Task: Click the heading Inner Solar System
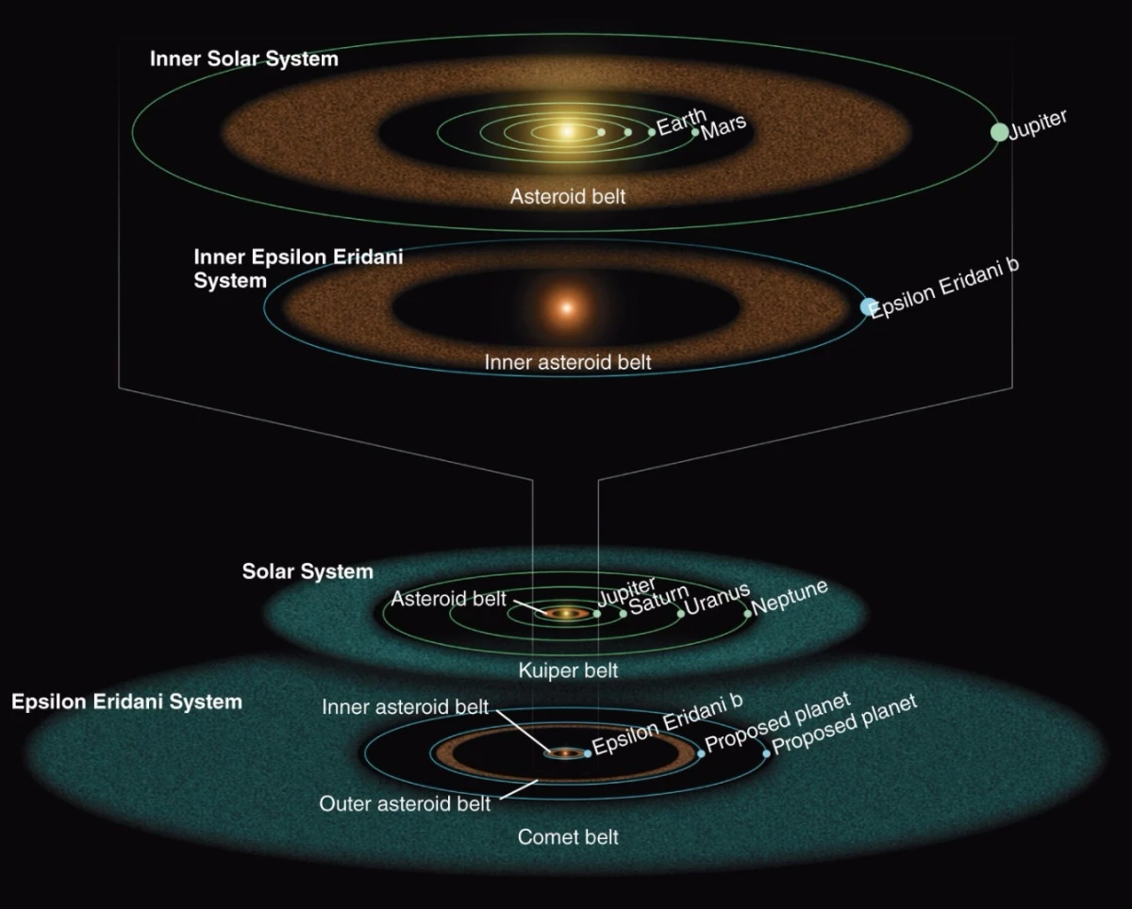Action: click(x=243, y=59)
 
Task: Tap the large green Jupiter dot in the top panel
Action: click(x=999, y=132)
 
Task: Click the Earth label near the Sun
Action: click(x=680, y=123)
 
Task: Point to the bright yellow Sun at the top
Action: click(x=566, y=131)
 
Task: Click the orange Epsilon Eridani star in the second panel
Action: click(x=566, y=307)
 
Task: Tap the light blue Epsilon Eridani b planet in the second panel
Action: click(x=868, y=306)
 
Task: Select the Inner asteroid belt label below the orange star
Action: click(x=568, y=361)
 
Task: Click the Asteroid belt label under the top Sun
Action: click(x=568, y=197)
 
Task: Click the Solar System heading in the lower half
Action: click(x=308, y=571)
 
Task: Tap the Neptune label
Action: click(x=791, y=598)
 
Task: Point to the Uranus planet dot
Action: click(x=680, y=613)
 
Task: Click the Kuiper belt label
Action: click(x=568, y=670)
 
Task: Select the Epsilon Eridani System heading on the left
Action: click(x=126, y=702)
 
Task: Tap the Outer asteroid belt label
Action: click(x=405, y=804)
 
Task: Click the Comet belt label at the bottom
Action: click(x=568, y=836)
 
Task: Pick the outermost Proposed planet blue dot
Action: click(x=766, y=753)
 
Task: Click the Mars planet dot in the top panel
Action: click(x=696, y=132)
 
